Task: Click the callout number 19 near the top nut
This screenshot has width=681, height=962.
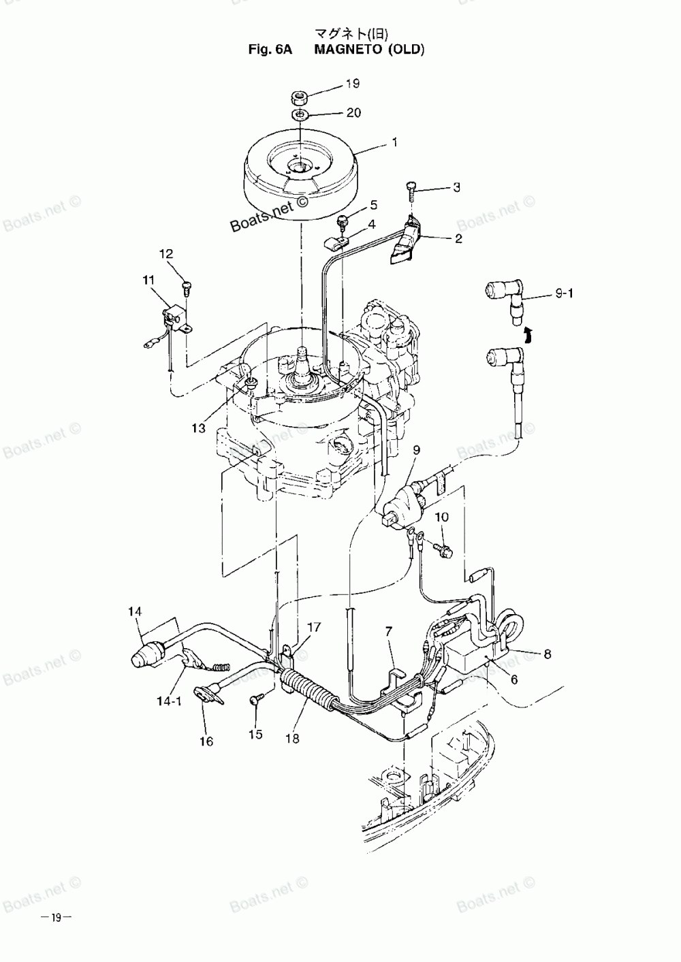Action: click(x=352, y=84)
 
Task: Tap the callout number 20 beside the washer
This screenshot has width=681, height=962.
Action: click(x=353, y=112)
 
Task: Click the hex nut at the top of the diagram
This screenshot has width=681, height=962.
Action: click(x=300, y=95)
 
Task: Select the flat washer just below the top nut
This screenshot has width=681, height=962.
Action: click(x=300, y=113)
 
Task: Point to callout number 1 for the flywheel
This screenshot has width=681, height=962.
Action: click(x=393, y=143)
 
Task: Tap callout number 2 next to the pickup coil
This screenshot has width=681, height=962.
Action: click(x=458, y=238)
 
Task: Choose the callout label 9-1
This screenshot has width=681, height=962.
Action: click(x=565, y=294)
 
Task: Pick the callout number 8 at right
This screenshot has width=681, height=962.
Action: click(x=547, y=654)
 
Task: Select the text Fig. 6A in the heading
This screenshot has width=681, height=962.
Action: click(x=271, y=49)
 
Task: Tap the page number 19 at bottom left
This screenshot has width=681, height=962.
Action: click(x=57, y=918)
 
